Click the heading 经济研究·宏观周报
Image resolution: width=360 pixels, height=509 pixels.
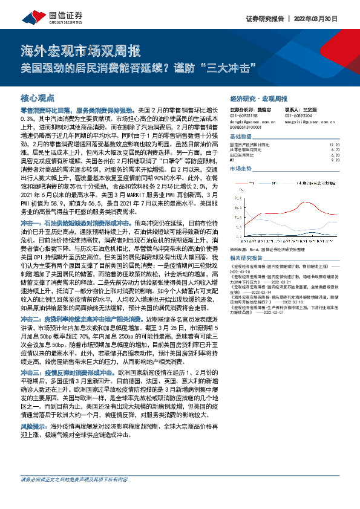point(258,97)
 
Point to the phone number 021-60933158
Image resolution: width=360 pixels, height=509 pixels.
point(243,115)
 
